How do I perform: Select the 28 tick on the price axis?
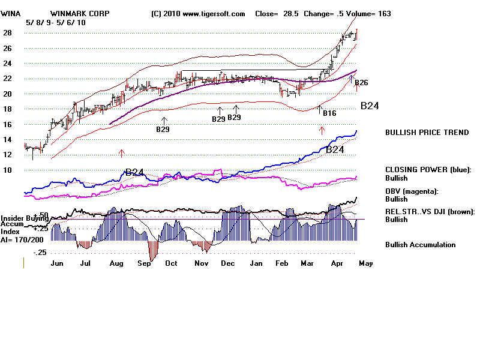[x=8, y=33]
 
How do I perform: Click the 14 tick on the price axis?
[x=8, y=140]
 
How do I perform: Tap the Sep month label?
[x=145, y=263]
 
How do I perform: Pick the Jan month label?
[x=256, y=263]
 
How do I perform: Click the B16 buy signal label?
[x=329, y=113]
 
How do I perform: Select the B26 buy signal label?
[x=361, y=83]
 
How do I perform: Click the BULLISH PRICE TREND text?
[x=427, y=133]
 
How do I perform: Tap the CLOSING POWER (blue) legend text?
[x=428, y=170]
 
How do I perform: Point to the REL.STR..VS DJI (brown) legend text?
[x=430, y=211]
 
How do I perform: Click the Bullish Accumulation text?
[x=420, y=245]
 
